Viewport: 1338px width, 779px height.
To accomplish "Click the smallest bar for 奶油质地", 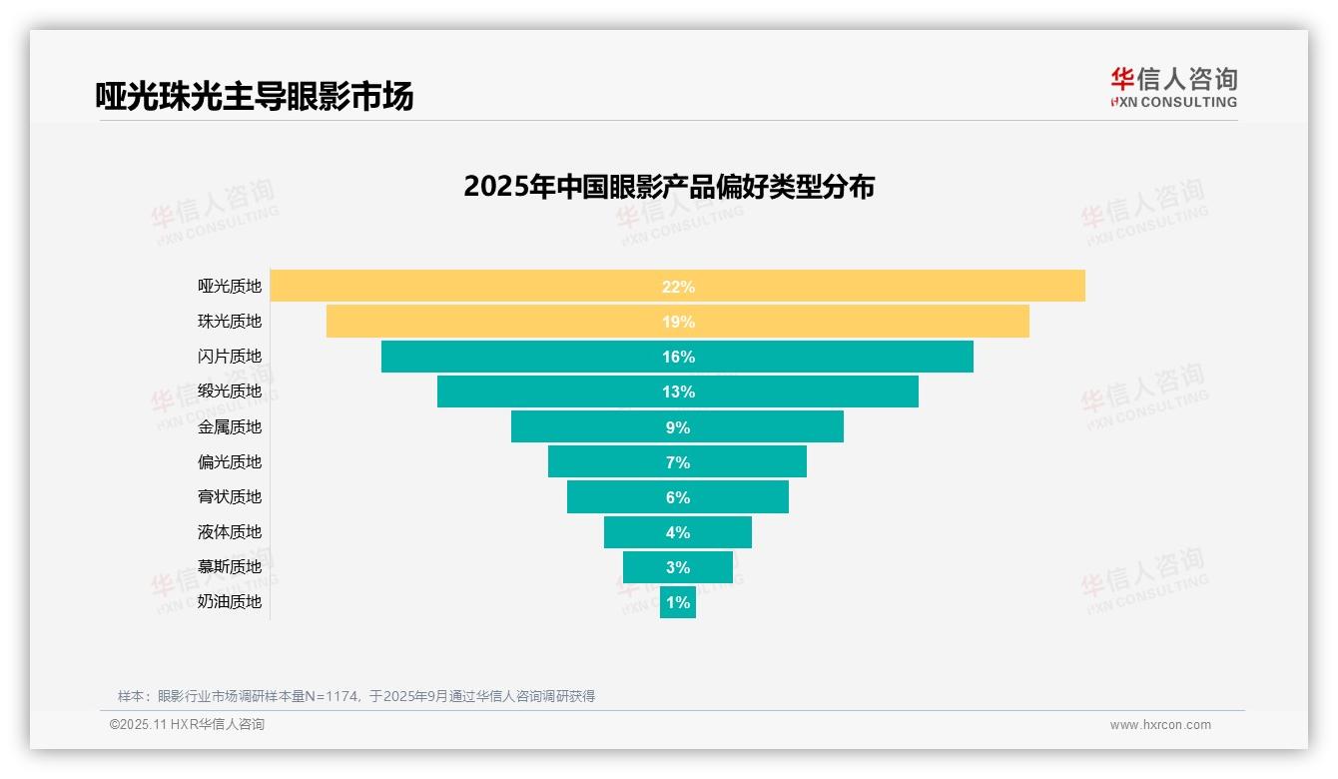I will pos(678,602).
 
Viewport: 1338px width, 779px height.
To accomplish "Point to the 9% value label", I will pos(678,427).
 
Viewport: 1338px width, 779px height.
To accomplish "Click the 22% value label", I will pos(678,287).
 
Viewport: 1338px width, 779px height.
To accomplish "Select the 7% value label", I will pos(678,462).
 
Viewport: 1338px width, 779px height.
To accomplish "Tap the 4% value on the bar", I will pos(678,532).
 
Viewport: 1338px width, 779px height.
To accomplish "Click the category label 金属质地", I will pos(230,427).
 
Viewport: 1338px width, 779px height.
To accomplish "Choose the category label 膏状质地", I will pos(230,497).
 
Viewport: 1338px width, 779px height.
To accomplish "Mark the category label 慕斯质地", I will pos(230,567).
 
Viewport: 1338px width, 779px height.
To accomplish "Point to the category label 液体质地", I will pos(230,532).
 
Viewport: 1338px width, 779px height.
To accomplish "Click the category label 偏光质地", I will pos(230,462).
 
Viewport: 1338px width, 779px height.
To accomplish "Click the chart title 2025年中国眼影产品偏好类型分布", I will pos(669,187).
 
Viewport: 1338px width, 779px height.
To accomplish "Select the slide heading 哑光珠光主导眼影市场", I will pos(255,96).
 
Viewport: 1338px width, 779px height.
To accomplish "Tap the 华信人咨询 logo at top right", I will pos(1173,87).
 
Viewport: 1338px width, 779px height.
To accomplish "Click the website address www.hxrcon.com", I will pos(1160,725).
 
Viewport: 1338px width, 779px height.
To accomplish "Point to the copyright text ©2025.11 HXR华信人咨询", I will pos(187,725).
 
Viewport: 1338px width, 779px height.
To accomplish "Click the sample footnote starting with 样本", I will pos(356,696).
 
